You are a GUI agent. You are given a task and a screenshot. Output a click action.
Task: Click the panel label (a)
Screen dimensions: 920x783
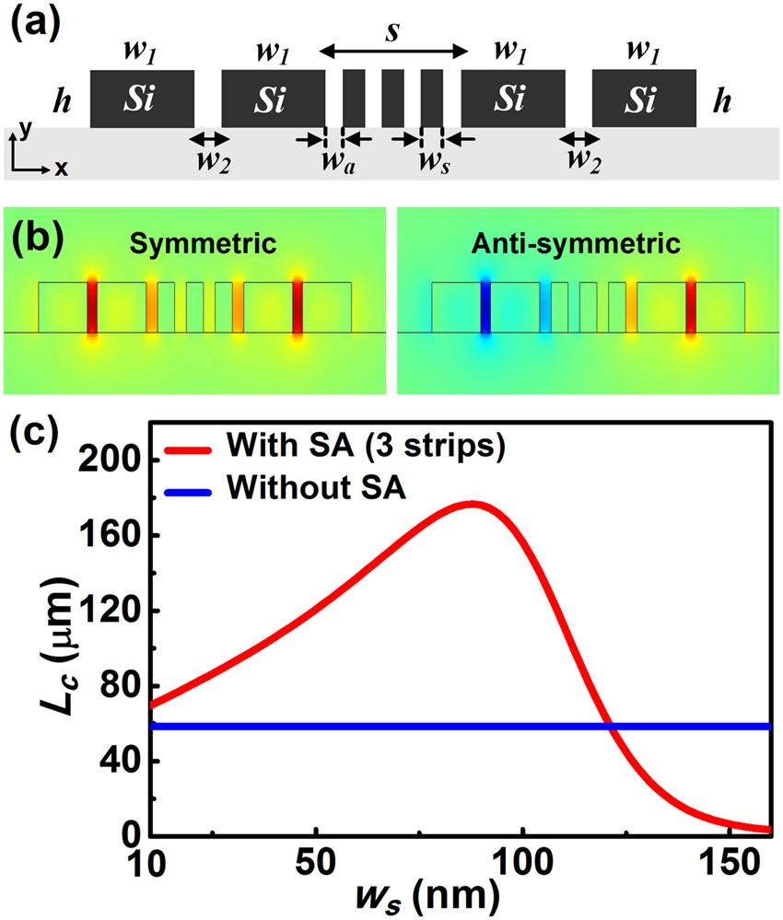(34, 19)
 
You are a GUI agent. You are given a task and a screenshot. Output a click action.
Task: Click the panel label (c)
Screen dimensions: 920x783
(34, 434)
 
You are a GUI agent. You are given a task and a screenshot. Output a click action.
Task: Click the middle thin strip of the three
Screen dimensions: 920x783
(393, 98)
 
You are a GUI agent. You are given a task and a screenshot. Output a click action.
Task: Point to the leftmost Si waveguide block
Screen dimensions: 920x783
(142, 98)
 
